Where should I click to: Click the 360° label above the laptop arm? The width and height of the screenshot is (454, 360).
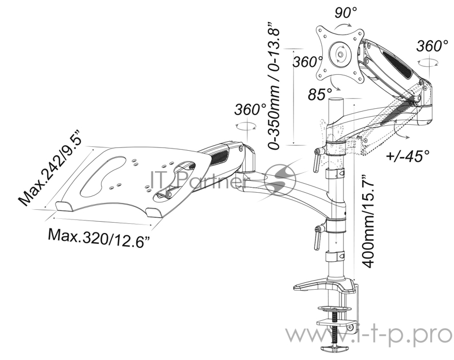pyautogui.click(x=250, y=109)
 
